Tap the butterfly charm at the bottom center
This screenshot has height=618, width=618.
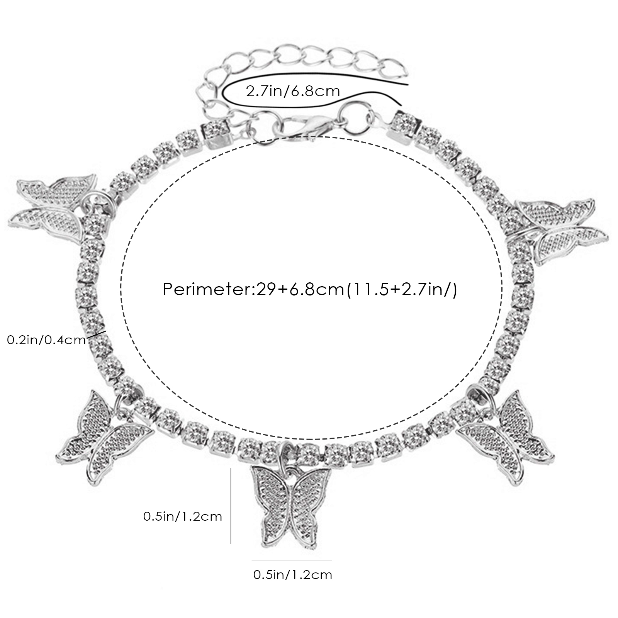coord(291,508)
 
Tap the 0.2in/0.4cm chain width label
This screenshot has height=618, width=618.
coord(46,340)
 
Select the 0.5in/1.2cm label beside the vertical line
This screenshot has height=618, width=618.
coord(183,516)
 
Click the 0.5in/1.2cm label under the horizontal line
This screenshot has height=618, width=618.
coord(292,575)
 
